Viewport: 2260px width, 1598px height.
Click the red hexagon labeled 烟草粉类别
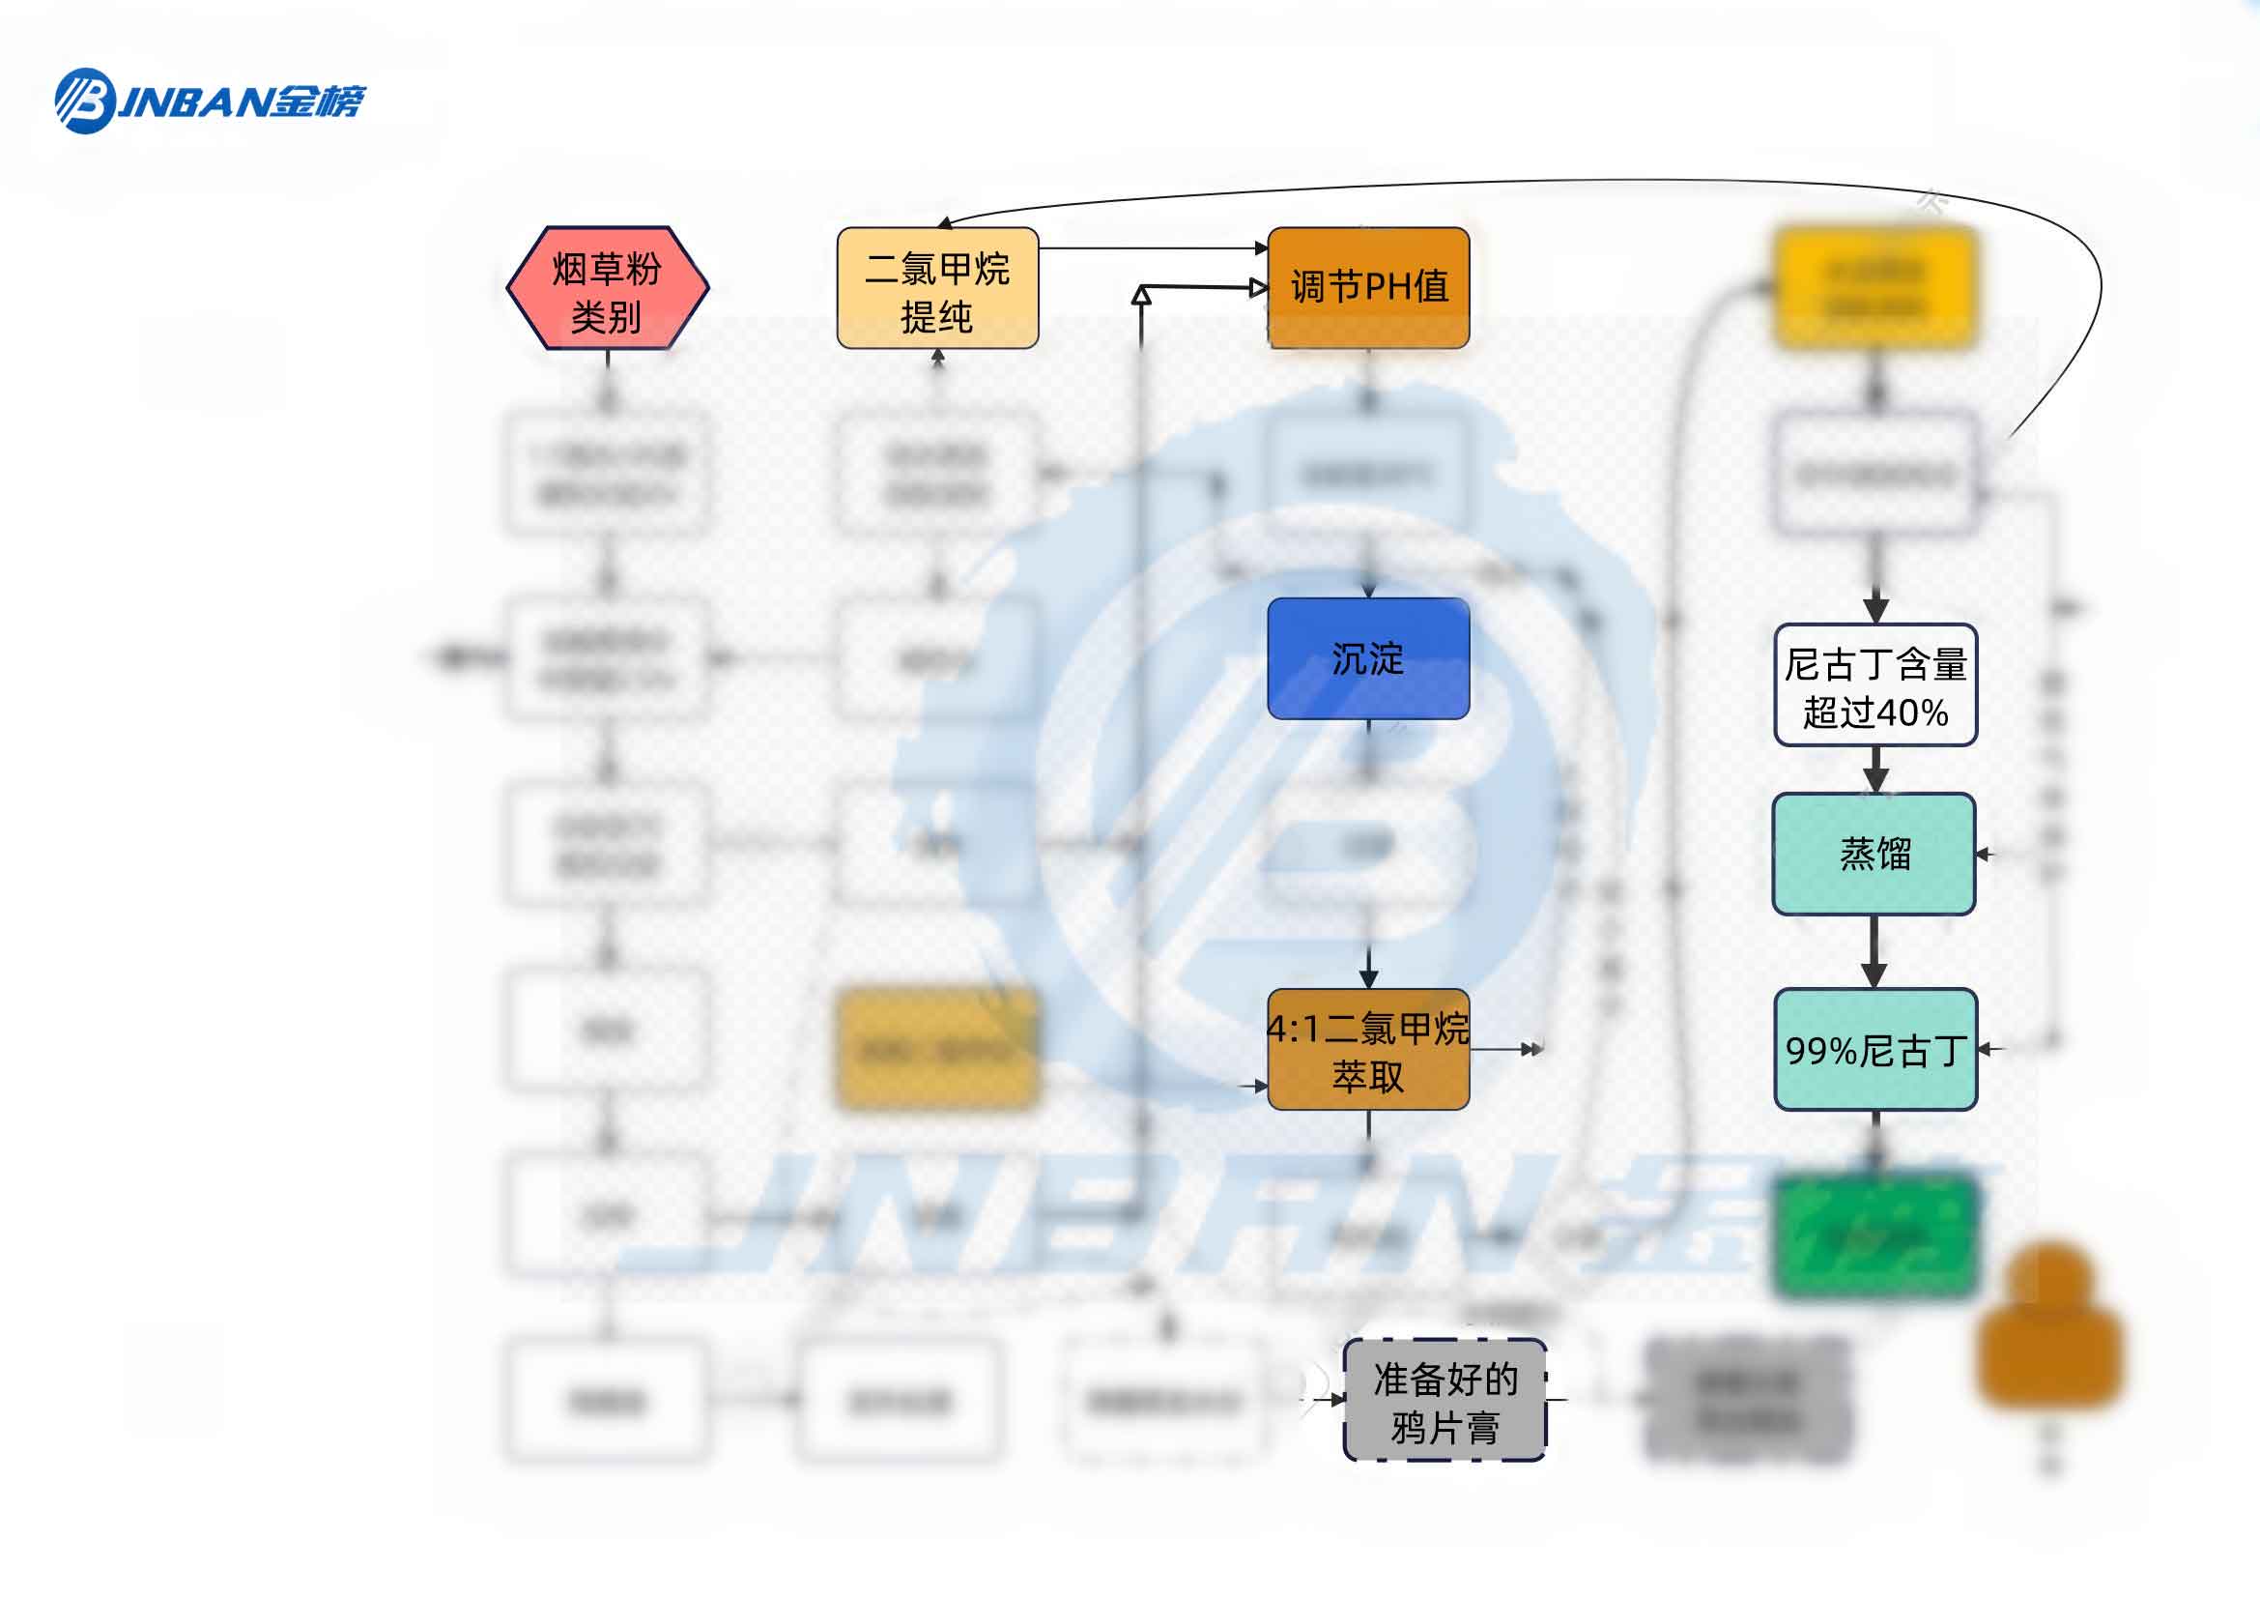pyautogui.click(x=608, y=288)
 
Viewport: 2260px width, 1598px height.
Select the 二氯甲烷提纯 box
pyautogui.click(x=937, y=288)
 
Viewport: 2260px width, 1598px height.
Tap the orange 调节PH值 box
pyautogui.click(x=1368, y=288)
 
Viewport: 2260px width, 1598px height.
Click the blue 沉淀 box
pyautogui.click(x=1368, y=657)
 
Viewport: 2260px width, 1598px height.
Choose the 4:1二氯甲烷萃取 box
pyautogui.click(x=1368, y=1050)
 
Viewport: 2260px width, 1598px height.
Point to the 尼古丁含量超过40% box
pyautogui.click(x=1875, y=685)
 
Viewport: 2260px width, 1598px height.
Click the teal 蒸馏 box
pyautogui.click(x=1874, y=854)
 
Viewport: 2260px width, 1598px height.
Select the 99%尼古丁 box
pyautogui.click(x=1875, y=1050)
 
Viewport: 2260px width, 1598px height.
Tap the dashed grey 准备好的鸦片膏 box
pyautogui.click(x=1445, y=1400)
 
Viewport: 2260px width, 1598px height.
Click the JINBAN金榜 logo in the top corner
pyautogui.click(x=209, y=101)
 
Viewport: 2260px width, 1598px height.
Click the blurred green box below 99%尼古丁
pyautogui.click(x=1874, y=1236)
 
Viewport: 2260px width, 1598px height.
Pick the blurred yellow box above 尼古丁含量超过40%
pyautogui.click(x=1874, y=287)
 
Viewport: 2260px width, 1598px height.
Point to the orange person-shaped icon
pyautogui.click(x=2049, y=1324)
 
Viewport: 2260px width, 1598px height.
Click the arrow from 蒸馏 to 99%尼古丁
pyautogui.click(x=1874, y=951)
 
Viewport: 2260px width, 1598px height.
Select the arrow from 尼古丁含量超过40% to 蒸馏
pyautogui.click(x=1875, y=770)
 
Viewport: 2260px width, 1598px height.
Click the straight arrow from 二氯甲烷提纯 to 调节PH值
pyautogui.click(x=1152, y=248)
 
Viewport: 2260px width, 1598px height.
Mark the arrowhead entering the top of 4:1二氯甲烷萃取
pyautogui.click(x=1368, y=978)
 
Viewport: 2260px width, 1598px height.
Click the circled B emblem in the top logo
pyautogui.click(x=85, y=101)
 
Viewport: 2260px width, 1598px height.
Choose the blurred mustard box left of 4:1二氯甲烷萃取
pyautogui.click(x=937, y=1050)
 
